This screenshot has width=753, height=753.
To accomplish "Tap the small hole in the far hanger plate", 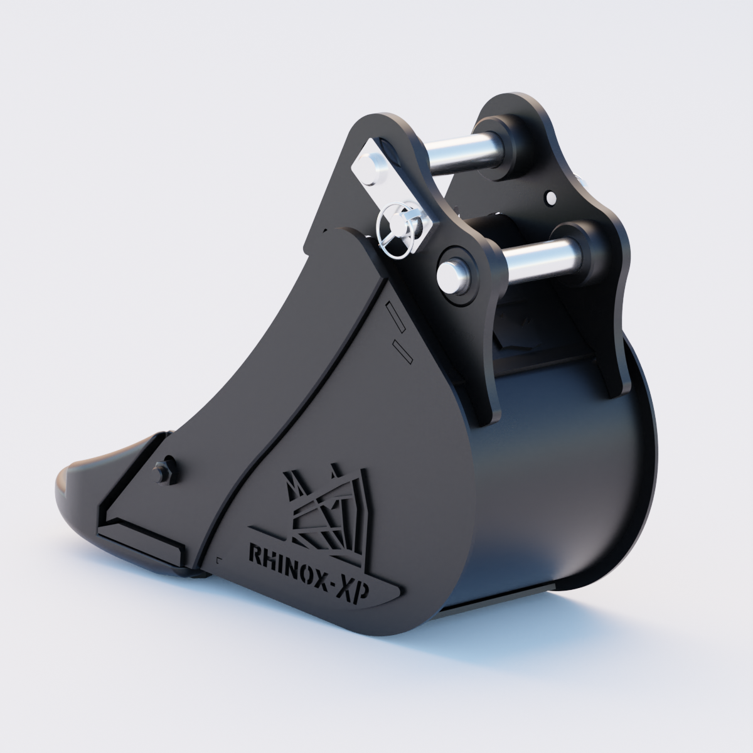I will click(550, 198).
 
